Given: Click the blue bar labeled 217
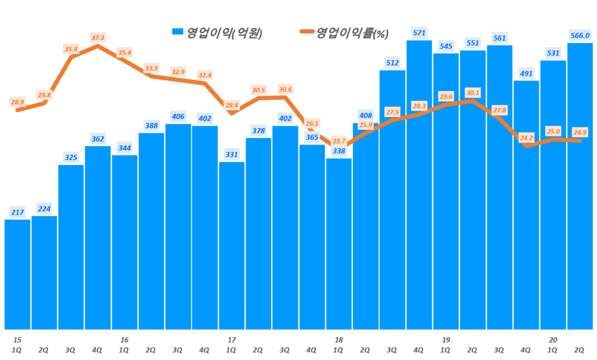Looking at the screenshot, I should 17,274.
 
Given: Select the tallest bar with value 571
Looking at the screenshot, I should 419,186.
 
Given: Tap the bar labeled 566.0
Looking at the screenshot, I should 580,186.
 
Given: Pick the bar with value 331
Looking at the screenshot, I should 231,245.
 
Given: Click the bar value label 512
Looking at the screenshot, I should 392,63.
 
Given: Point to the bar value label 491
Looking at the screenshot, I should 526,73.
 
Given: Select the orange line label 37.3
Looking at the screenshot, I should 97,37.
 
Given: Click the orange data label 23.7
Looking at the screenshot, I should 339,140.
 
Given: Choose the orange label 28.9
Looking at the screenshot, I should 18,102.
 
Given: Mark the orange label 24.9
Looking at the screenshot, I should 580,133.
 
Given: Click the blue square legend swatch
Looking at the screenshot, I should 177,33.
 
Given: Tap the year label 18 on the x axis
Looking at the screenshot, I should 339,340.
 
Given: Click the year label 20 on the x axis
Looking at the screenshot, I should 553,340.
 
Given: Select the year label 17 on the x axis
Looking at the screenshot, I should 231,340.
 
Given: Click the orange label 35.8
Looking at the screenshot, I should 71,50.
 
